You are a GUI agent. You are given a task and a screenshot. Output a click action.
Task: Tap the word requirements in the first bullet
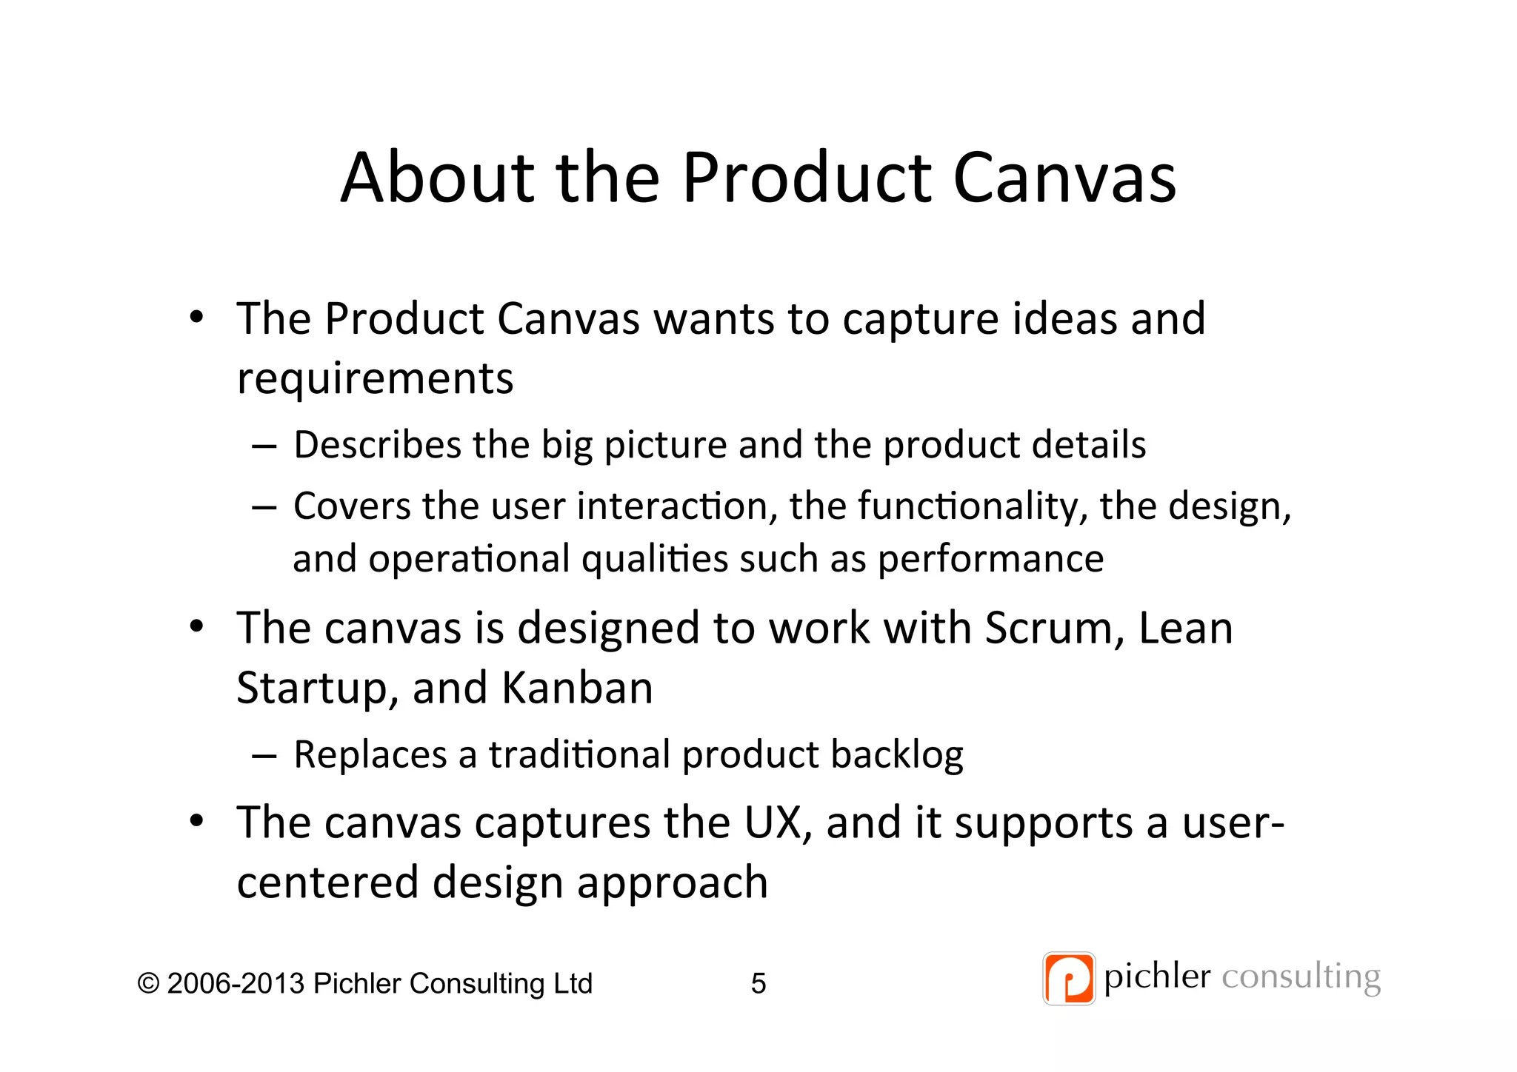tap(375, 379)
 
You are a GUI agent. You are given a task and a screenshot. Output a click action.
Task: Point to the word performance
tap(990, 559)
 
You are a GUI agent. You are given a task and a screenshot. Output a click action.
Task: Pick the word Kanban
tap(577, 688)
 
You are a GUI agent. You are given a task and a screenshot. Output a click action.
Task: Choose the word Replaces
tap(370, 754)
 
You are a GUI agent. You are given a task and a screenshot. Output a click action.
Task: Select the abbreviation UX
tap(776, 823)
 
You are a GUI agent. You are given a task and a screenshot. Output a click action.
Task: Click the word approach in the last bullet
tap(672, 884)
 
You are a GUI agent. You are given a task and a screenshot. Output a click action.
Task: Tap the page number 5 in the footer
tap(758, 983)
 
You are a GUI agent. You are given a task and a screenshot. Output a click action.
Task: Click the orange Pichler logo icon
tap(1068, 979)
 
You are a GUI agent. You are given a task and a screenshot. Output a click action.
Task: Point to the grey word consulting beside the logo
tap(1301, 977)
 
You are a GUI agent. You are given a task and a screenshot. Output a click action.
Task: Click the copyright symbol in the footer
tap(149, 983)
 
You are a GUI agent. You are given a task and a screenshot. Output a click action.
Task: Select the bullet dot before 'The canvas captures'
tap(196, 822)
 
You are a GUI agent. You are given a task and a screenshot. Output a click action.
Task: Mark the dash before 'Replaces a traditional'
tap(264, 756)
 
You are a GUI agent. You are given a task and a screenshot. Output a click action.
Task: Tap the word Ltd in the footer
tap(573, 983)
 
